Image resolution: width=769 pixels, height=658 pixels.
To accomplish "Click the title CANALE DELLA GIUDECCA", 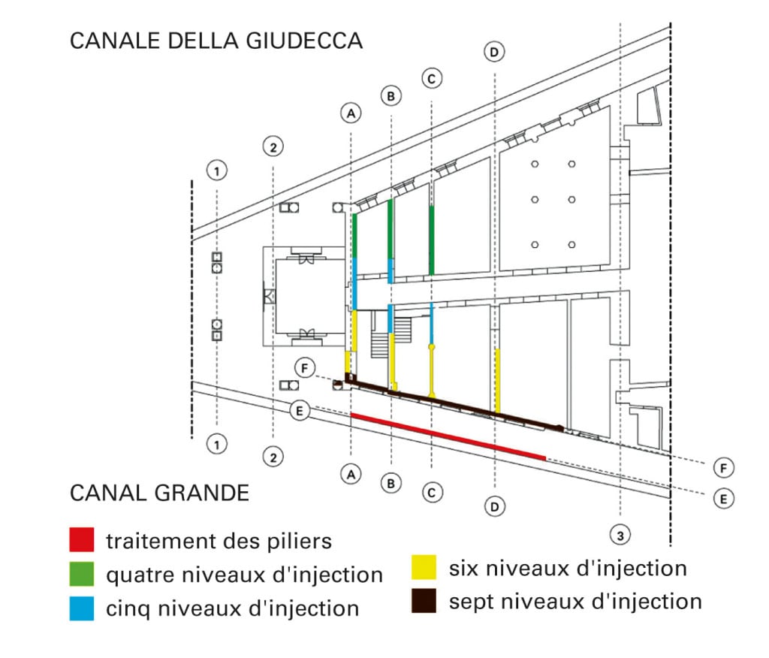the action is [216, 41].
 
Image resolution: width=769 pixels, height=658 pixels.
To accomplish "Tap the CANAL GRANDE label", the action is [159, 493].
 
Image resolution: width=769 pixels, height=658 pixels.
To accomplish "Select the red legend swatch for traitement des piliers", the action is [81, 540].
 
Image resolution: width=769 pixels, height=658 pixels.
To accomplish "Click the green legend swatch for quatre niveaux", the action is [81, 574].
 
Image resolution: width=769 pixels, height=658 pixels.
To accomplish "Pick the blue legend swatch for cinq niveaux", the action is [81, 608].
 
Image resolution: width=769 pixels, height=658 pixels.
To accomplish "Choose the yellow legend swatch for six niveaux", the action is [424, 567].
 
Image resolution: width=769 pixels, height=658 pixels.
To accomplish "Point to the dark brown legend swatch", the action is [424, 601].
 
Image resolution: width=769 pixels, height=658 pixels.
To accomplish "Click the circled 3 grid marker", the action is [620, 535].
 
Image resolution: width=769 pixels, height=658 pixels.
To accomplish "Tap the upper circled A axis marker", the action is [351, 113].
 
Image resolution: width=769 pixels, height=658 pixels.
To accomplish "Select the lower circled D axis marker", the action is [494, 506].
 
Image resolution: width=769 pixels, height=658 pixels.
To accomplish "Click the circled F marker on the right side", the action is [723, 468].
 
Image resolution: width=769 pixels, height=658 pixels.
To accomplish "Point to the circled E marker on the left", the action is [300, 410].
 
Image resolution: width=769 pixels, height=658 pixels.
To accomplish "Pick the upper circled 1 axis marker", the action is [217, 171].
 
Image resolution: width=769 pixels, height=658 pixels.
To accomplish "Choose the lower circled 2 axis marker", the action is [273, 457].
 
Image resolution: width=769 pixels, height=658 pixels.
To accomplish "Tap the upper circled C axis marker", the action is [432, 79].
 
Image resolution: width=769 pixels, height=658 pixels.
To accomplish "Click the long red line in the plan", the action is [448, 436].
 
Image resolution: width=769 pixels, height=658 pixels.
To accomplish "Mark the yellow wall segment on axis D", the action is [498, 381].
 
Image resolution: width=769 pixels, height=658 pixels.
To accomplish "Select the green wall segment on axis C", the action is [432, 240].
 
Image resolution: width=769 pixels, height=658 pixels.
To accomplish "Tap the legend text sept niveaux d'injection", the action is [575, 602].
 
